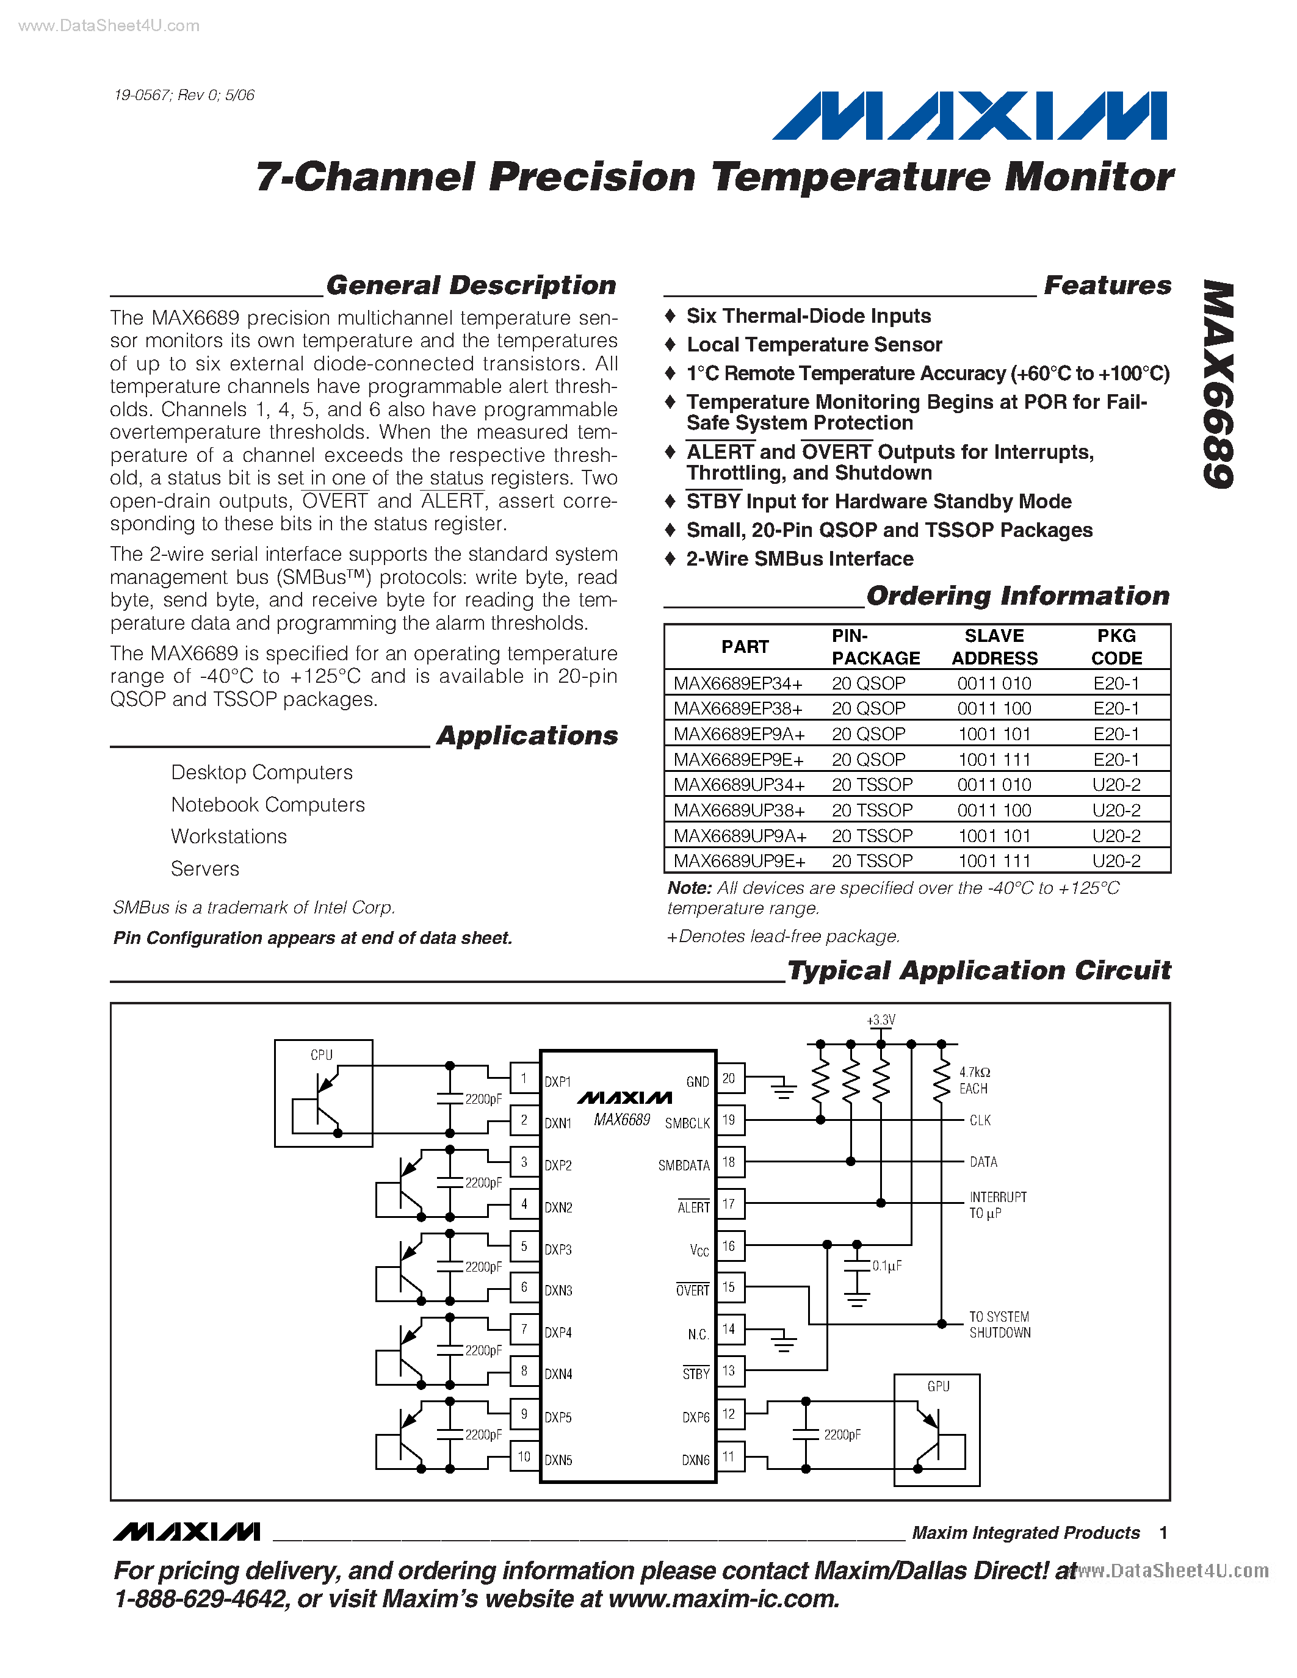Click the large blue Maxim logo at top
[970, 115]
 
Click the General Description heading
[471, 285]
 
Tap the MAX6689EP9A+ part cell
[739, 733]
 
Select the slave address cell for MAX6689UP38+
[994, 810]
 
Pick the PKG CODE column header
[1116, 647]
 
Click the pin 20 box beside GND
[728, 1078]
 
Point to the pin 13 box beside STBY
[728, 1370]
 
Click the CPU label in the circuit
[321, 1055]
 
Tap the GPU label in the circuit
[938, 1386]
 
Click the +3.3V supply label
[881, 1020]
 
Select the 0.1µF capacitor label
[887, 1266]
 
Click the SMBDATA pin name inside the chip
[684, 1165]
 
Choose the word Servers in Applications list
[205, 868]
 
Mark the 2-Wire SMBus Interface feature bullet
[799, 558]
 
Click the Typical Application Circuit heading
[979, 970]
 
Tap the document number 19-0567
[142, 95]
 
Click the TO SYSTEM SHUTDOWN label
[999, 1325]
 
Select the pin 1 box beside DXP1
[524, 1078]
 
